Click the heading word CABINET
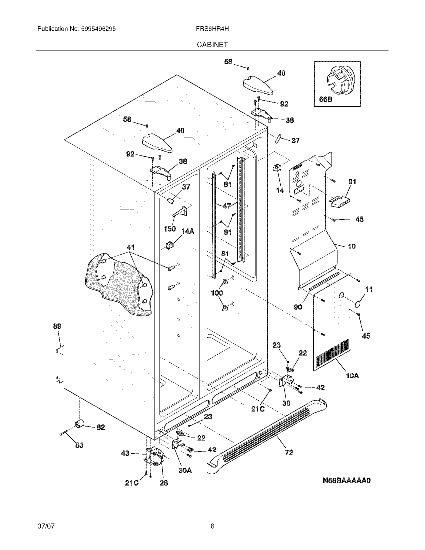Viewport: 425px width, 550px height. click(212, 44)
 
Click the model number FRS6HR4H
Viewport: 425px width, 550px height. click(212, 29)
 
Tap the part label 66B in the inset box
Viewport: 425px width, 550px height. click(325, 99)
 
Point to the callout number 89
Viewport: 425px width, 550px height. click(57, 326)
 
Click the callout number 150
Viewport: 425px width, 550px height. click(169, 229)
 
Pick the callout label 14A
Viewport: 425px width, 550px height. click(188, 231)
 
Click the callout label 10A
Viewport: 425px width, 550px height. click(352, 383)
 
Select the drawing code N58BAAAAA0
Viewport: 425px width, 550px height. click(346, 480)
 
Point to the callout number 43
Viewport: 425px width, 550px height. click(125, 453)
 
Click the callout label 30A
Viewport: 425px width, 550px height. click(185, 470)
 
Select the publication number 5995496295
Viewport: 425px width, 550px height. click(98, 29)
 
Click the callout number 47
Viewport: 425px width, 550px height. click(226, 206)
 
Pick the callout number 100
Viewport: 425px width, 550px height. click(217, 293)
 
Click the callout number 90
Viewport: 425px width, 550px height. click(298, 307)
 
